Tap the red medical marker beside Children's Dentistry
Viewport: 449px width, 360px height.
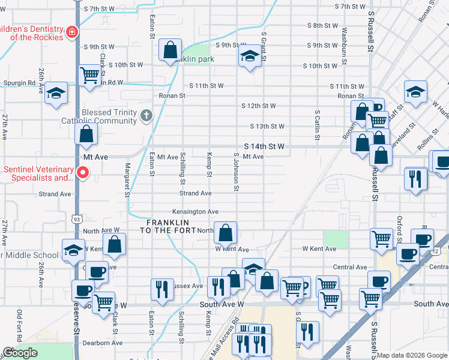coord(72,31)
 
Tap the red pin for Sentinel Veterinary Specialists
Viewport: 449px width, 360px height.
coord(83,173)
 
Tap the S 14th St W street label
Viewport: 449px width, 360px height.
coord(264,146)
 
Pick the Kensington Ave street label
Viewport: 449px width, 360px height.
coord(195,212)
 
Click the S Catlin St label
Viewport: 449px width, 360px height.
coord(316,127)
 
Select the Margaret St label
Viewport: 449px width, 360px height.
coord(127,179)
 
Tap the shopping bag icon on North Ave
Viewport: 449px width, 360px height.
coord(225,233)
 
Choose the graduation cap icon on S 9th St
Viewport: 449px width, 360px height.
coord(250,57)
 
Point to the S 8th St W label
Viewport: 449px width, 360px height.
coord(322,26)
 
